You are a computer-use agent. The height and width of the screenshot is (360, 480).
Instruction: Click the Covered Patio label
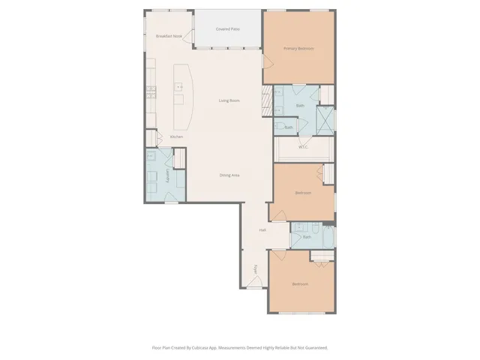(x=228, y=29)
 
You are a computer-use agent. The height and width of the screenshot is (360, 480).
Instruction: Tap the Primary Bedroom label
(x=298, y=49)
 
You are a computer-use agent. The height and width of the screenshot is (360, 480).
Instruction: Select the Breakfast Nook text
(x=169, y=36)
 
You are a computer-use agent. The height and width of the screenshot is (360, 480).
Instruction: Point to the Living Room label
(x=229, y=100)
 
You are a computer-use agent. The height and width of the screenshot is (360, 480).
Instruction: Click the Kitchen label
(x=176, y=136)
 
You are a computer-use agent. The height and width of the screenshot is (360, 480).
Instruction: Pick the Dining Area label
(x=229, y=175)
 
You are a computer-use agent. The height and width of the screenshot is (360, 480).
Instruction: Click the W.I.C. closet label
(x=303, y=147)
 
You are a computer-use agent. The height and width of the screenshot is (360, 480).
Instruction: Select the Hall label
(x=262, y=230)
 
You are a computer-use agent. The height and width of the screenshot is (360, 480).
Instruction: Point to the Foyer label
(x=256, y=269)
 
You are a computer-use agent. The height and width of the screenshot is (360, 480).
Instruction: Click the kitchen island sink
(x=179, y=88)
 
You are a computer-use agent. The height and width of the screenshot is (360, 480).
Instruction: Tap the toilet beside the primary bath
(x=279, y=127)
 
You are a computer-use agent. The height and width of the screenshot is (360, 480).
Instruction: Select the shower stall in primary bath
(x=325, y=119)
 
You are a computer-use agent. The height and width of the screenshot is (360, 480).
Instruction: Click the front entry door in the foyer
(x=255, y=283)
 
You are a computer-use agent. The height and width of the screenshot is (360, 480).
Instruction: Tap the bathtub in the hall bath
(x=321, y=258)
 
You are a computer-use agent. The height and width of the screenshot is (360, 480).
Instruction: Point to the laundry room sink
(x=152, y=157)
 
